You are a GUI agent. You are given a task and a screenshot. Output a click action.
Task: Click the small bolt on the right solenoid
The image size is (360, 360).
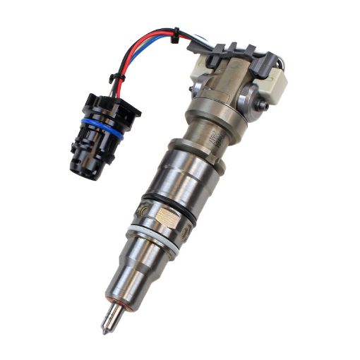point(263,105)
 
